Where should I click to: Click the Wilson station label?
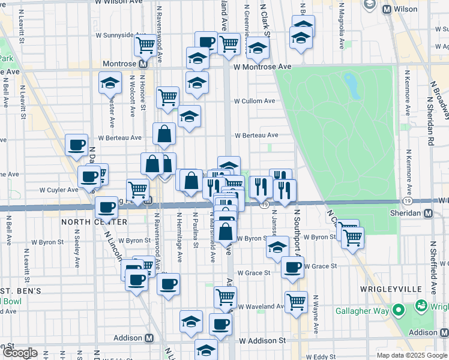pyautogui.click(x=406, y=10)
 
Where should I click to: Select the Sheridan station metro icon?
pyautogui.click(x=428, y=214)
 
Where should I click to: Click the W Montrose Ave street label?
pyautogui.click(x=262, y=67)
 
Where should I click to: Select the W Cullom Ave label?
pyautogui.click(x=255, y=101)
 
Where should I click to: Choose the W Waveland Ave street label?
pyautogui.click(x=261, y=307)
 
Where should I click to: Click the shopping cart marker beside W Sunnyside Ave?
pyautogui.click(x=145, y=43)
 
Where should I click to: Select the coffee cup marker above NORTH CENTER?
pyautogui.click(x=107, y=207)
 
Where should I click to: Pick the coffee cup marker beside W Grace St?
pyautogui.click(x=292, y=267)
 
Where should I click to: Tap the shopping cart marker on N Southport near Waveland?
pyautogui.click(x=297, y=301)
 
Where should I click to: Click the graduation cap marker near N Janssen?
pyautogui.click(x=277, y=247)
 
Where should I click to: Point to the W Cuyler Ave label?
pyautogui.click(x=59, y=190)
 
